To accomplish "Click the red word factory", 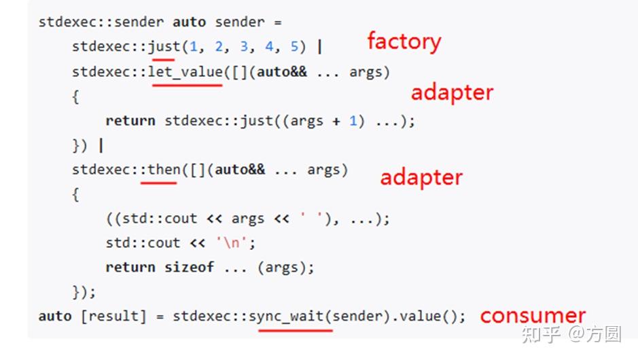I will [x=404, y=42].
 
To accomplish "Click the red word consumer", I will [x=532, y=316].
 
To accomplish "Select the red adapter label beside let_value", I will [x=452, y=92].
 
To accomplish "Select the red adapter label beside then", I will [x=421, y=177].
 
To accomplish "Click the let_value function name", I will [x=185, y=71].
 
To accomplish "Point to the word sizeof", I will [x=189, y=267].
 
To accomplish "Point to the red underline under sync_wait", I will [x=296, y=330].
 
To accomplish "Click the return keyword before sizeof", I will [x=130, y=267].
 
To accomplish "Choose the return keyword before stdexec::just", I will [x=130, y=121].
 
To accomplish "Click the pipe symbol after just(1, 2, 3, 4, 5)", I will [x=319, y=47].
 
